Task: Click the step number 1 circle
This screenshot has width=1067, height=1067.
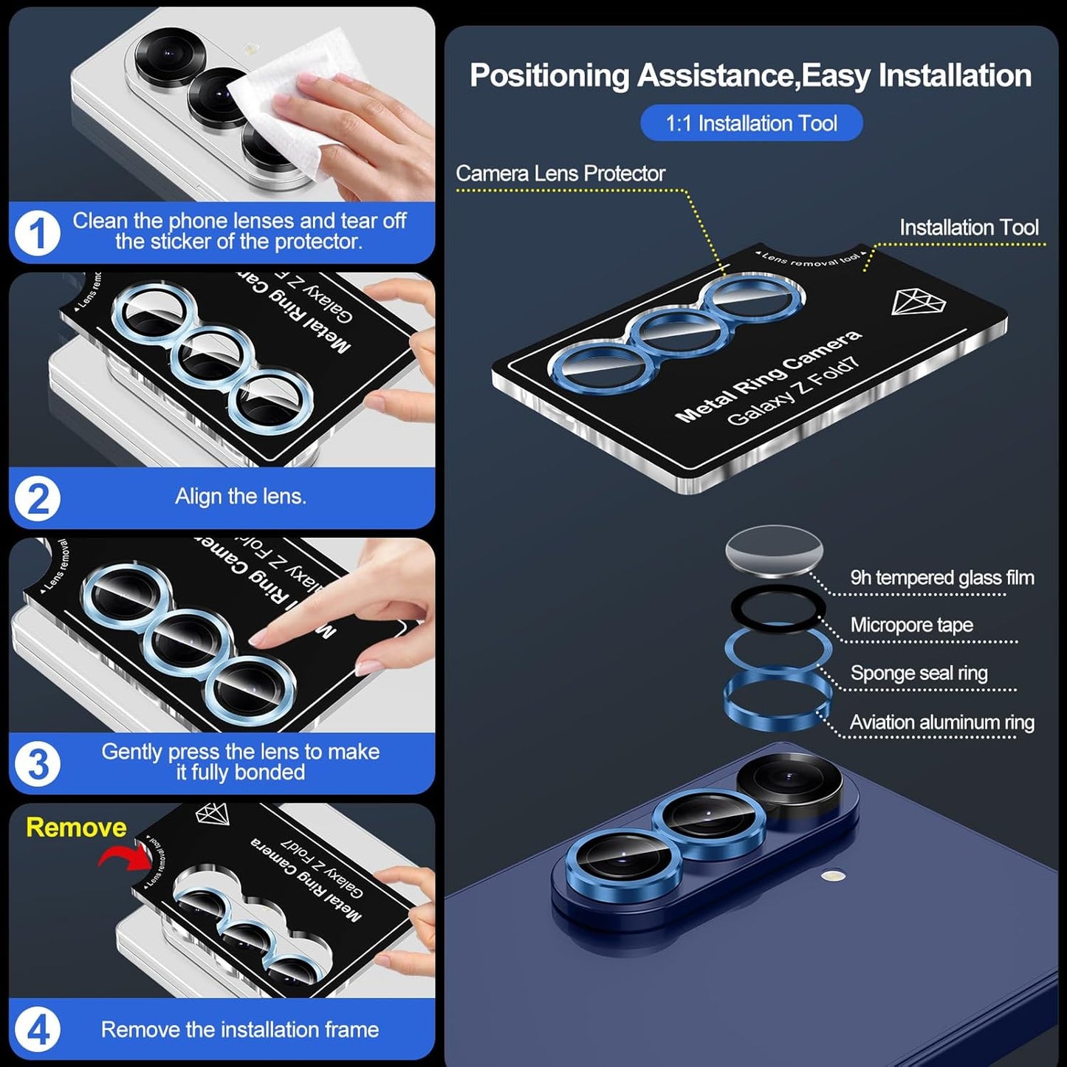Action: click(x=37, y=233)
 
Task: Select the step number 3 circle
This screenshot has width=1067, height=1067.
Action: click(x=37, y=764)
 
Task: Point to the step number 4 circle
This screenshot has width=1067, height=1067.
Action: click(x=37, y=1029)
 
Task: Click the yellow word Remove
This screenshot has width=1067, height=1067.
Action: click(x=76, y=827)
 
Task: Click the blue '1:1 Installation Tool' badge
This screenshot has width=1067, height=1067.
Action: click(x=751, y=123)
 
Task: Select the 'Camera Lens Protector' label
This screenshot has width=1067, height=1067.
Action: click(x=560, y=174)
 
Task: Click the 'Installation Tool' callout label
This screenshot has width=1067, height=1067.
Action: click(x=969, y=227)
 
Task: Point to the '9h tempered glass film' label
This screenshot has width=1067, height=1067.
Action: click(x=941, y=577)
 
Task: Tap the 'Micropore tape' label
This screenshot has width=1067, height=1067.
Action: click(x=911, y=625)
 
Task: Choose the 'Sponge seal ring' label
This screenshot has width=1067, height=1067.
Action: click(x=919, y=673)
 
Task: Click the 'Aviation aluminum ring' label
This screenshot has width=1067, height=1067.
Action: click(x=941, y=722)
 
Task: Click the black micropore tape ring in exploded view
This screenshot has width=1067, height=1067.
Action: click(x=778, y=591)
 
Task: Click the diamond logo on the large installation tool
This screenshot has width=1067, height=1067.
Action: click(x=918, y=302)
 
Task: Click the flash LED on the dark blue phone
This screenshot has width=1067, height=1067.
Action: click(x=833, y=876)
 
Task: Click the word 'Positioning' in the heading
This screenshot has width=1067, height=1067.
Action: click(x=549, y=76)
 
